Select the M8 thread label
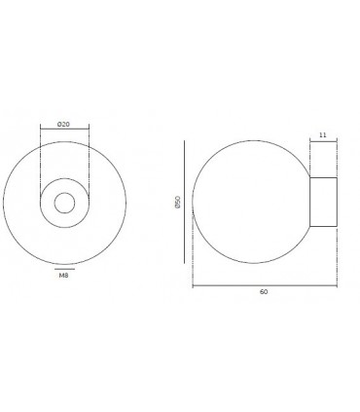pyautogui.click(x=64, y=276)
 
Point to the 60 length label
pyautogui.click(x=264, y=292)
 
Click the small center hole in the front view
pyautogui.click(x=64, y=204)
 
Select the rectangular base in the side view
pyautogui.click(x=324, y=203)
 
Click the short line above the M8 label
pyautogui.click(x=64, y=266)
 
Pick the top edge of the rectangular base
pyautogui.click(x=324, y=179)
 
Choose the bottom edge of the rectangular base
pyautogui.click(x=324, y=227)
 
